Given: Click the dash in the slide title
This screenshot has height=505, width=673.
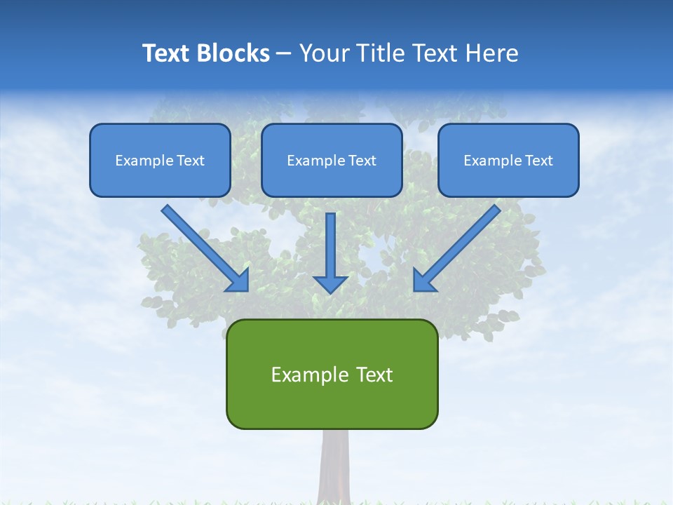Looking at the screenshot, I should click(284, 54).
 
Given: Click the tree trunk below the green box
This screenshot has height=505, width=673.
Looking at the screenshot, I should click(334, 466).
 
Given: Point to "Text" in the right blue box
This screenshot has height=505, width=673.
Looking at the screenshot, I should click(538, 161).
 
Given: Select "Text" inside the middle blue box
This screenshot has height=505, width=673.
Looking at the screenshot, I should click(362, 161).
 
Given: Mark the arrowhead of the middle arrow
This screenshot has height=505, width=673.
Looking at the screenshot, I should click(330, 283).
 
